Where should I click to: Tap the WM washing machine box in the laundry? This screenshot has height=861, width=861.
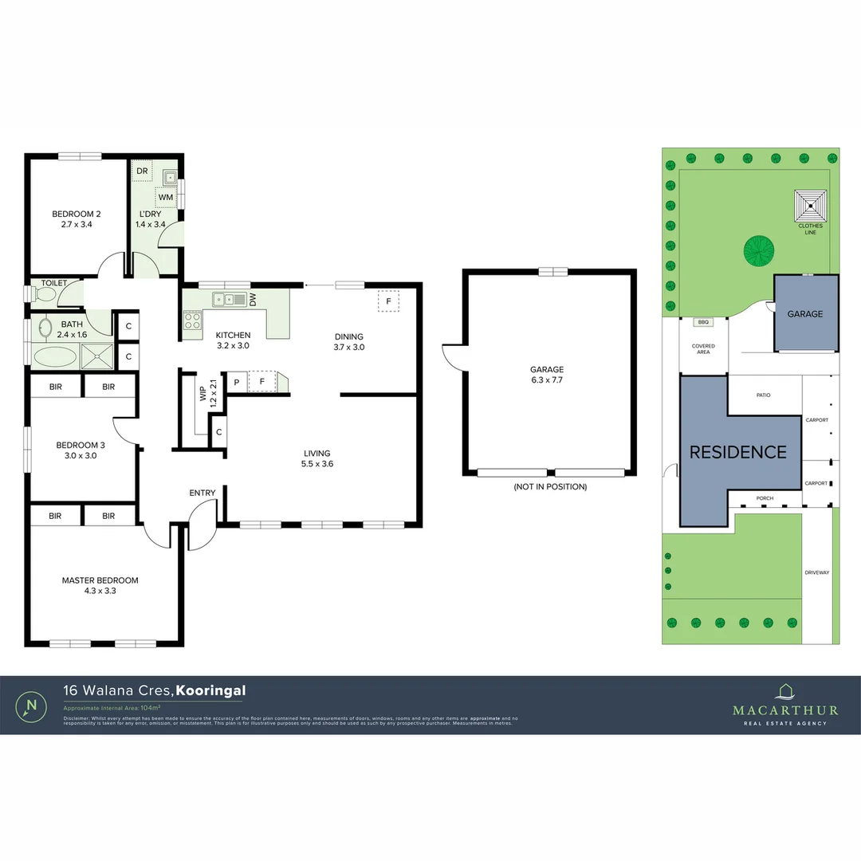(166, 197)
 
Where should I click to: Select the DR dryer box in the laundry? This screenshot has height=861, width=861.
(142, 171)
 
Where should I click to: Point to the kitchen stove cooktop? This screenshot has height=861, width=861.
(193, 320)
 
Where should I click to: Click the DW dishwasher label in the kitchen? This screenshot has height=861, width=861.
(252, 300)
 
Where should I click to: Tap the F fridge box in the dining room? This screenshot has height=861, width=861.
(388, 301)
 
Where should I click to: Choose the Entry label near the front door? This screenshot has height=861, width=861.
(202, 493)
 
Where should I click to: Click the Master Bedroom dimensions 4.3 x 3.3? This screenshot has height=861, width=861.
(100, 591)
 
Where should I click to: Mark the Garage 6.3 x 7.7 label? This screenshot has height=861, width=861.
(547, 375)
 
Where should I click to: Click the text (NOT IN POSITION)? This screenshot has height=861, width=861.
(550, 486)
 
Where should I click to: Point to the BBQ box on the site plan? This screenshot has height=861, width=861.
(702, 323)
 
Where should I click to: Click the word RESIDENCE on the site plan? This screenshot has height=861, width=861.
(737, 452)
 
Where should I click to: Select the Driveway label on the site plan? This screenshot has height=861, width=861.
(816, 572)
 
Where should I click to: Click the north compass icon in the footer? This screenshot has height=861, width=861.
(32, 706)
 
